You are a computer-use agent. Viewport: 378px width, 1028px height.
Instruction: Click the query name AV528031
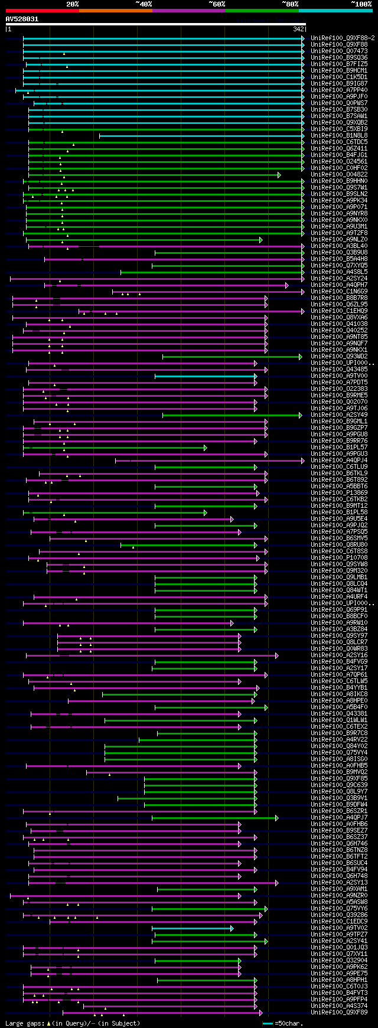(x=22, y=19)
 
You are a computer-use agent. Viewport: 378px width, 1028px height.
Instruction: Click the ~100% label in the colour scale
(x=361, y=4)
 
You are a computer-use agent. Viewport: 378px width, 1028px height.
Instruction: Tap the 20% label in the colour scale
(x=73, y=4)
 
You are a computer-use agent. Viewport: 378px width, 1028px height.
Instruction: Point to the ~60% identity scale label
(x=217, y=4)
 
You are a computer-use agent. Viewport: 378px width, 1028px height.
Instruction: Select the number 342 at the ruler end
(x=298, y=29)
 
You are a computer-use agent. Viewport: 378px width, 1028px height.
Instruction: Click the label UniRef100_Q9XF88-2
(x=343, y=38)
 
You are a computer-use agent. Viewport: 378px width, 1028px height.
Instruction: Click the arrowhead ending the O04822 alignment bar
(x=279, y=175)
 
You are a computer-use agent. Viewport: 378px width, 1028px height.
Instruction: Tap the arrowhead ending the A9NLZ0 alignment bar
(x=260, y=240)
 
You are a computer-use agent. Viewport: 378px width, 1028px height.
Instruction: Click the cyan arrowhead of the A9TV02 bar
(x=232, y=928)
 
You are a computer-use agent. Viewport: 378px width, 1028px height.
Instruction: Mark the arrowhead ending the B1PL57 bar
(x=205, y=448)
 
